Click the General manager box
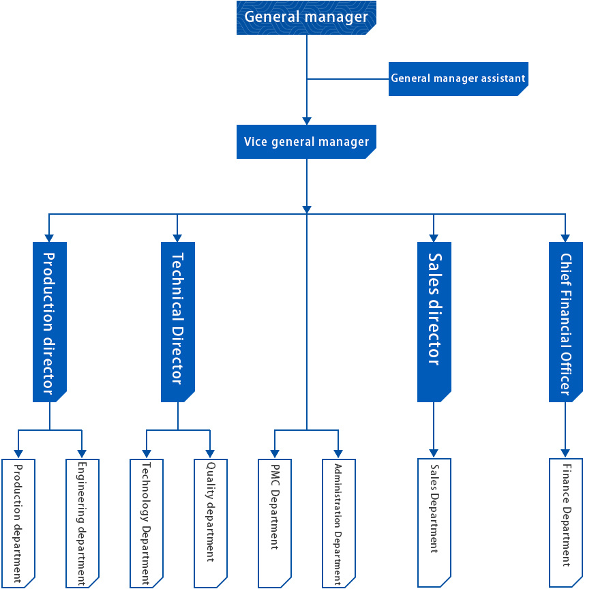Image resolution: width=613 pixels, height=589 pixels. (x=306, y=18)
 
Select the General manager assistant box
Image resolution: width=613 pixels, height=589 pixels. (x=458, y=79)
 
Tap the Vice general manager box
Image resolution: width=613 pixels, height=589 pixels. (x=306, y=142)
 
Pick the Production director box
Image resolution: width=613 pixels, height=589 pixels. (x=50, y=322)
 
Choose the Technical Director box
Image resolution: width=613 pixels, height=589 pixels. (x=178, y=322)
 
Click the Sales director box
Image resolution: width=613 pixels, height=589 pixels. (x=434, y=322)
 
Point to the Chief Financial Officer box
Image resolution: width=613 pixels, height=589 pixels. (x=566, y=322)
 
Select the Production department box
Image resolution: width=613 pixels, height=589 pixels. (x=18, y=524)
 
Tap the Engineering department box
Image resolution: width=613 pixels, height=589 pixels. (x=83, y=524)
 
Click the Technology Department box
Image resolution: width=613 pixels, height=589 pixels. (x=147, y=524)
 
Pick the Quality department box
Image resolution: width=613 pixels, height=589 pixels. (x=211, y=524)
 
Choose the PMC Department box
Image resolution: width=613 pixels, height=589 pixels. (x=275, y=524)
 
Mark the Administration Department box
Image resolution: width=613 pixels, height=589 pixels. (x=339, y=524)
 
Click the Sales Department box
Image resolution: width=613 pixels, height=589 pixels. (x=434, y=523)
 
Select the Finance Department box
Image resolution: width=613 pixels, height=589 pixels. (x=566, y=523)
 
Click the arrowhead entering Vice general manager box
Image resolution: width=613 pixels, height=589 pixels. (x=307, y=121)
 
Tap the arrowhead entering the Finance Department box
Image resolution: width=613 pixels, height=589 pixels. (x=565, y=453)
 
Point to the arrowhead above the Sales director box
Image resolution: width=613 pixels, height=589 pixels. (x=434, y=238)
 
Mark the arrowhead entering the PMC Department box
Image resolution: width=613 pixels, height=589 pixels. (x=275, y=454)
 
